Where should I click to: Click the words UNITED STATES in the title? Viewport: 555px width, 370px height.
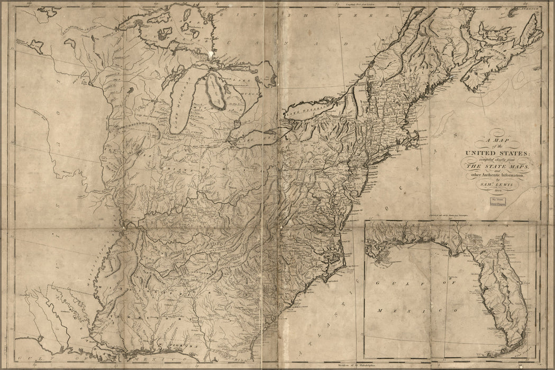click(x=493, y=153)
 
